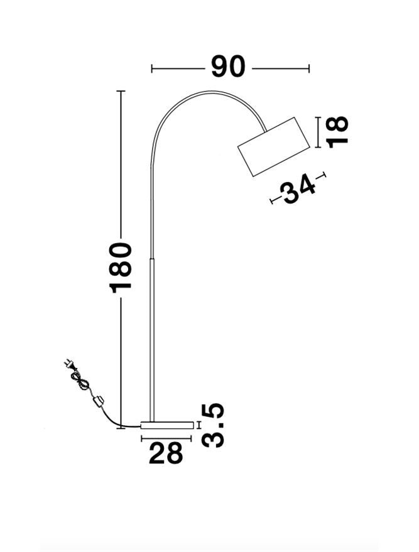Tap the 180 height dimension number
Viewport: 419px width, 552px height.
click(121, 267)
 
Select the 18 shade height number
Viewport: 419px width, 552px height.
click(337, 131)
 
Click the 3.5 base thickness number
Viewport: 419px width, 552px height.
click(214, 425)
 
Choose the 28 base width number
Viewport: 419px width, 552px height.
click(166, 453)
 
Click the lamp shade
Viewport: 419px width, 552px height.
click(275, 146)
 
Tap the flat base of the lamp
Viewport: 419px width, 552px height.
click(166, 425)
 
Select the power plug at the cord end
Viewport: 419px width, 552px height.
click(67, 364)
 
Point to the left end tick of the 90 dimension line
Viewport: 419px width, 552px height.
click(152, 68)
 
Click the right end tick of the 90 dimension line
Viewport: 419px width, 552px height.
click(309, 68)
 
